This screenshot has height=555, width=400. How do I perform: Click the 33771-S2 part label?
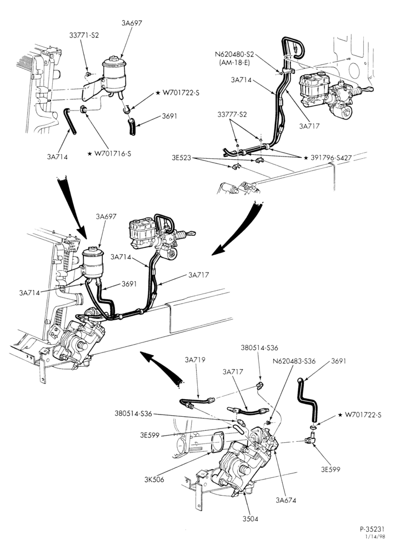pyautogui.click(x=84, y=35)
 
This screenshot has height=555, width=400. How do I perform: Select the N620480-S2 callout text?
pyautogui.click(x=234, y=54)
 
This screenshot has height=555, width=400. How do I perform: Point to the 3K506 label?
pyautogui.click(x=154, y=480)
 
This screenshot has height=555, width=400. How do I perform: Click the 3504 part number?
pyautogui.click(x=251, y=519)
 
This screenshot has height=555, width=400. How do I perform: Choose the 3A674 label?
pyautogui.click(x=286, y=501)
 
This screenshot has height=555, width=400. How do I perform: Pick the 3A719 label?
pyautogui.click(x=195, y=360)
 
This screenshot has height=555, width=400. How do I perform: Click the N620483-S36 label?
pyautogui.click(x=294, y=361)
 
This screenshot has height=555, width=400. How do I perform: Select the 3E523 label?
pyautogui.click(x=182, y=158)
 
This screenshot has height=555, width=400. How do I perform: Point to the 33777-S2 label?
pyautogui.click(x=232, y=114)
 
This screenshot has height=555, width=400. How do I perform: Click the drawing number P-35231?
pyautogui.click(x=372, y=529)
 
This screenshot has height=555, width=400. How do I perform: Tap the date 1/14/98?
pyautogui.click(x=375, y=536)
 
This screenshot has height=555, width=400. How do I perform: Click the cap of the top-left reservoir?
pyautogui.click(x=113, y=59)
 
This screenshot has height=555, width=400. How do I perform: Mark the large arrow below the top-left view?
pyautogui.click(x=73, y=208)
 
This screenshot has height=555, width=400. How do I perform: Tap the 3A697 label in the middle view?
pyautogui.click(x=106, y=216)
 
